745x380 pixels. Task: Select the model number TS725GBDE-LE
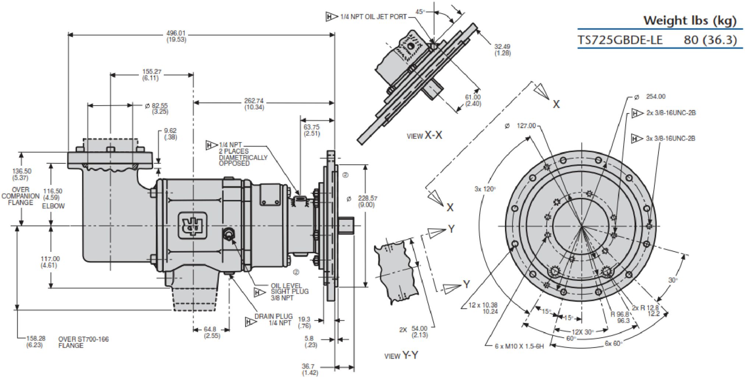pos(620,40)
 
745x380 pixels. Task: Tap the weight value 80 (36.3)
pos(710,40)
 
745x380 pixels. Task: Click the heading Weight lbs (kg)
pos(689,21)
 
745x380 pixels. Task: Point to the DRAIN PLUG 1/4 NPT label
pos(273,320)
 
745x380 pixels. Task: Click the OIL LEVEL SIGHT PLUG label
pos(289,292)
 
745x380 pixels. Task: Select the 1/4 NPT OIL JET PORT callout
pos(373,17)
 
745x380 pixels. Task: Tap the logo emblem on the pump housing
pos(192,225)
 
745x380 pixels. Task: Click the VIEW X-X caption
pos(424,136)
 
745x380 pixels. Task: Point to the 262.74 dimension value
pos(254,104)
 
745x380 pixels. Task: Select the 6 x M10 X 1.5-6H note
pos(519,346)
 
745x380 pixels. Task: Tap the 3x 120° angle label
pos(485,189)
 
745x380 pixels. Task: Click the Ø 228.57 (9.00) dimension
pos(367,201)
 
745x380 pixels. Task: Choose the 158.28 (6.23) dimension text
pos(35,342)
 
